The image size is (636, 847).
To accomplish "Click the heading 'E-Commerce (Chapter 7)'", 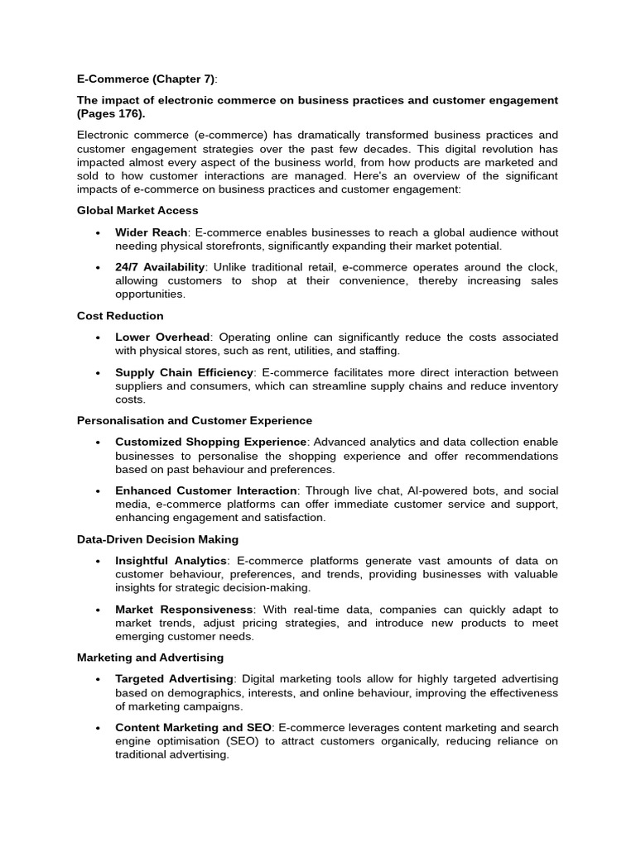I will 146,79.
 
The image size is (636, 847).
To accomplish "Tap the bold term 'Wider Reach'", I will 152,232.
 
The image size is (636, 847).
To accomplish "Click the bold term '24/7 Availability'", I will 160,267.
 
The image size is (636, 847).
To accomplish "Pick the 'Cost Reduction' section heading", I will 120,315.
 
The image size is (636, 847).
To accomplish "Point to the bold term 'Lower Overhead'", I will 163,337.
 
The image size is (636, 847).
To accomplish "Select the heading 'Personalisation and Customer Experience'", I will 195,420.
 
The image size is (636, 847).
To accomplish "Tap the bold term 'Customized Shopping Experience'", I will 211,443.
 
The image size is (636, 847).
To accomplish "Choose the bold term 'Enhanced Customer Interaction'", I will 206,490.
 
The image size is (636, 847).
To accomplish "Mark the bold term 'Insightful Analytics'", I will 171,561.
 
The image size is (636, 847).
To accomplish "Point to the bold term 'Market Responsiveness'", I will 184,609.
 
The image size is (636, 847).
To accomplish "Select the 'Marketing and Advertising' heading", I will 150,657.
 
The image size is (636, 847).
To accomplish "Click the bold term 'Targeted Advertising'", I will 175,679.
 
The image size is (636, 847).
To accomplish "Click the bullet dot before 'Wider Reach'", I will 98,233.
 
